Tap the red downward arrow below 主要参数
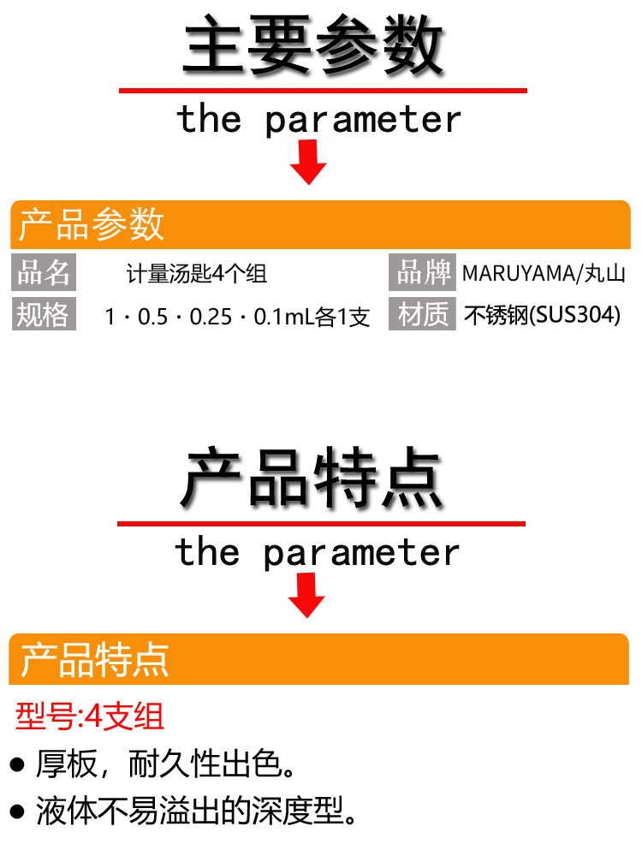308,162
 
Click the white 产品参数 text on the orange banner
92,224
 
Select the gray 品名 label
44,272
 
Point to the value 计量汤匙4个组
197,274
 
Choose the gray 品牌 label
422,272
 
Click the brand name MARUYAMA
519,273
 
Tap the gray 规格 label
44,314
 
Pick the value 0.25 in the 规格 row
211,317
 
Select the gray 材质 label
422,314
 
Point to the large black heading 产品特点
312,478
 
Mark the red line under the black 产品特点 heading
321,524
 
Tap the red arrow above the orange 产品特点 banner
306,595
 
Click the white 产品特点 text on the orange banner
94,660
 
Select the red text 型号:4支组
90,716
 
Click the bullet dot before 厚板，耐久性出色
17,764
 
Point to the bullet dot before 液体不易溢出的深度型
17,811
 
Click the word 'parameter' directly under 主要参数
363,120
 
